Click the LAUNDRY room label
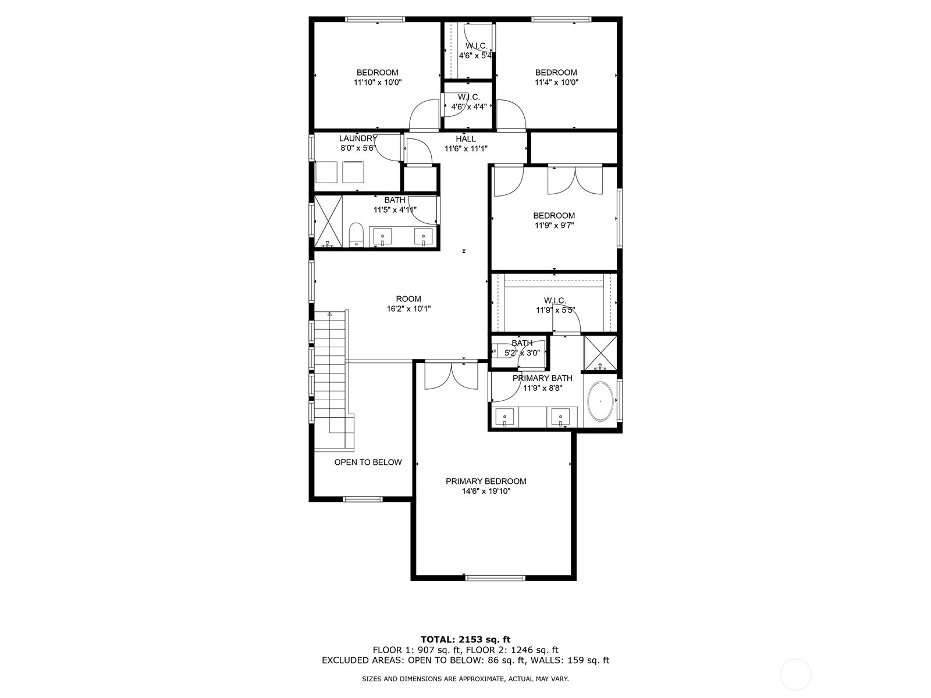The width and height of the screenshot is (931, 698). pyautogui.click(x=358, y=138)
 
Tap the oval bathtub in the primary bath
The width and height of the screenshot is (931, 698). pyautogui.click(x=600, y=401)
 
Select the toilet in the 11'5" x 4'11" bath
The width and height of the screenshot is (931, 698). pyautogui.click(x=356, y=235)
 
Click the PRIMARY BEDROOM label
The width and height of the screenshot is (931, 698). pyautogui.click(x=486, y=481)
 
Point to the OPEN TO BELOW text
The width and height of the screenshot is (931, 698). pyautogui.click(x=368, y=462)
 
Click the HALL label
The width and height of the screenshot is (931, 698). pyautogui.click(x=465, y=138)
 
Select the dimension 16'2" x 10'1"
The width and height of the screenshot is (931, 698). pyautogui.click(x=408, y=308)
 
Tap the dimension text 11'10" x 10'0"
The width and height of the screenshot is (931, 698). pyautogui.click(x=378, y=82)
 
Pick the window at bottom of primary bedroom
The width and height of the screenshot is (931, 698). pyautogui.click(x=495, y=578)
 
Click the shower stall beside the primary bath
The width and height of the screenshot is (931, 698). pyautogui.click(x=600, y=352)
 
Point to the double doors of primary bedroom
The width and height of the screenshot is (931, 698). pyautogui.click(x=452, y=376)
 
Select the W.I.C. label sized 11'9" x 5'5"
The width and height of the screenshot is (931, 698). pyautogui.click(x=555, y=301)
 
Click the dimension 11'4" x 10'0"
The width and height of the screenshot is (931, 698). pyautogui.click(x=556, y=82)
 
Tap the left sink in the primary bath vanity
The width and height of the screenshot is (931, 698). pyautogui.click(x=504, y=417)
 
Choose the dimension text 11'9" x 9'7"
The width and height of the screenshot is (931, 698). pyautogui.click(x=554, y=226)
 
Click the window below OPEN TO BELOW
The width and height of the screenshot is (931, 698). pyautogui.click(x=363, y=499)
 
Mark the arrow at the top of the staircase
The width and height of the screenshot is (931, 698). pyautogui.click(x=329, y=314)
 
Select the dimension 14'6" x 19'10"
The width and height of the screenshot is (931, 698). pyautogui.click(x=486, y=491)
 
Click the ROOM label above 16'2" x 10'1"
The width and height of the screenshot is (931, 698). pyautogui.click(x=408, y=298)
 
